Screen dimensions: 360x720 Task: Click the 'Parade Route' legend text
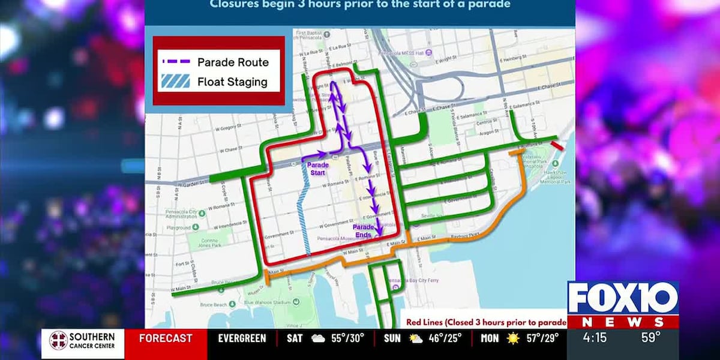[233, 62]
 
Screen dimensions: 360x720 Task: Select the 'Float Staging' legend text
[232, 82]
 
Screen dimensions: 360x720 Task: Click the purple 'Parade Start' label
[318, 167]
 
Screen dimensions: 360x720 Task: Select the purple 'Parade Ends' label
[364, 230]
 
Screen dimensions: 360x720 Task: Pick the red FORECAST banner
[166, 338]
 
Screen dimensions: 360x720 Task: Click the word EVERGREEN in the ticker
[242, 338]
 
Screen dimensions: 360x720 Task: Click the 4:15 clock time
[595, 338]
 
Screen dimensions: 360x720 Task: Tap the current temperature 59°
[650, 338]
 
